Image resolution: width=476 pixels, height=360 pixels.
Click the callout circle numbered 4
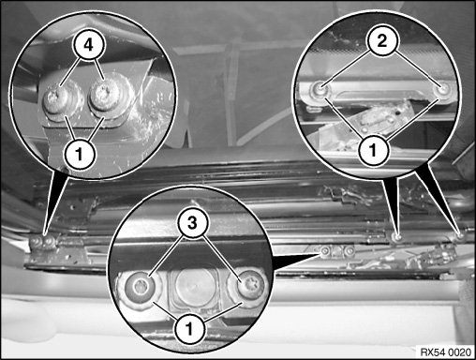(x=89, y=46)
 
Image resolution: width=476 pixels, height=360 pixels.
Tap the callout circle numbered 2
(x=382, y=41)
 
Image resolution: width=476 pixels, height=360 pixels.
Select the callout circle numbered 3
(x=192, y=223)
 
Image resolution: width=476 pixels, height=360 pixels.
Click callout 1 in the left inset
(x=80, y=154)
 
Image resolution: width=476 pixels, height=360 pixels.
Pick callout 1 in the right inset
(x=373, y=150)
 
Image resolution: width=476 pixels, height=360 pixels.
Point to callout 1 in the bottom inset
(x=189, y=329)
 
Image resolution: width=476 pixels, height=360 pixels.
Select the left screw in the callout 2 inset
(x=320, y=90)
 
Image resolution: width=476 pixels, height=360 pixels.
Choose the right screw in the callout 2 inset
(x=444, y=90)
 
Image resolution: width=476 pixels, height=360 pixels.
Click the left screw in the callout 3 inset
(x=140, y=286)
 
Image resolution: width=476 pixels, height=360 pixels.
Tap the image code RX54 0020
(x=446, y=352)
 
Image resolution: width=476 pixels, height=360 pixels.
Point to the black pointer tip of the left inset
(x=46, y=232)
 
